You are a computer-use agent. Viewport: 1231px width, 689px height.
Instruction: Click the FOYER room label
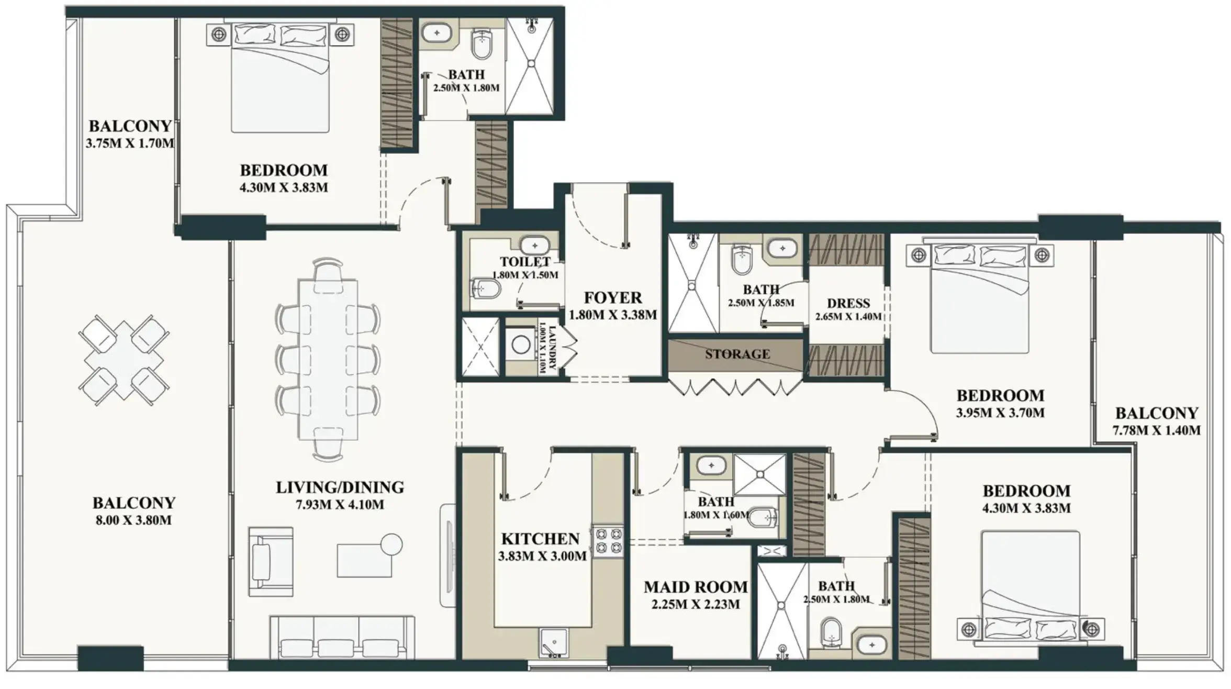(612, 297)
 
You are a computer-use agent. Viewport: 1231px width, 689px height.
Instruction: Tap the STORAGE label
(737, 354)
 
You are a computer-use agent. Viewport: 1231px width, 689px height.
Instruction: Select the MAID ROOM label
(696, 587)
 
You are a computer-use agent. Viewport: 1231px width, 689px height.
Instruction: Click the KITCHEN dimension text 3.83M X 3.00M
(542, 556)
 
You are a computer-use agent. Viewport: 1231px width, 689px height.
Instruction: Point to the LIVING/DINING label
(340, 487)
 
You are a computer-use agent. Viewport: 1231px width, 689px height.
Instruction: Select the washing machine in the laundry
(521, 344)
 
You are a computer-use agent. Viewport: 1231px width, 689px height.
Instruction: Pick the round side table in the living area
(391, 544)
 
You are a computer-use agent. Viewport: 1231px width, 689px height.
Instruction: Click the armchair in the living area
(270, 561)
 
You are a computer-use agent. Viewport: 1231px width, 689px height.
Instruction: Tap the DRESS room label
(848, 304)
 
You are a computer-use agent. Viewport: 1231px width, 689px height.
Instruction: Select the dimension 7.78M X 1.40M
(1156, 430)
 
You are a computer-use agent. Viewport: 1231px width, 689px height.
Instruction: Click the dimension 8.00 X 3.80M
(133, 520)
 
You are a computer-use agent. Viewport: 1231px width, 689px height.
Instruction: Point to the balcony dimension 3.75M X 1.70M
(130, 143)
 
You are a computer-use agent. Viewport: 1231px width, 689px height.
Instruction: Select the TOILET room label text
(525, 262)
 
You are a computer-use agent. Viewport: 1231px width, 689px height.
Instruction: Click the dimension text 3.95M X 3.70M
(1000, 413)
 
